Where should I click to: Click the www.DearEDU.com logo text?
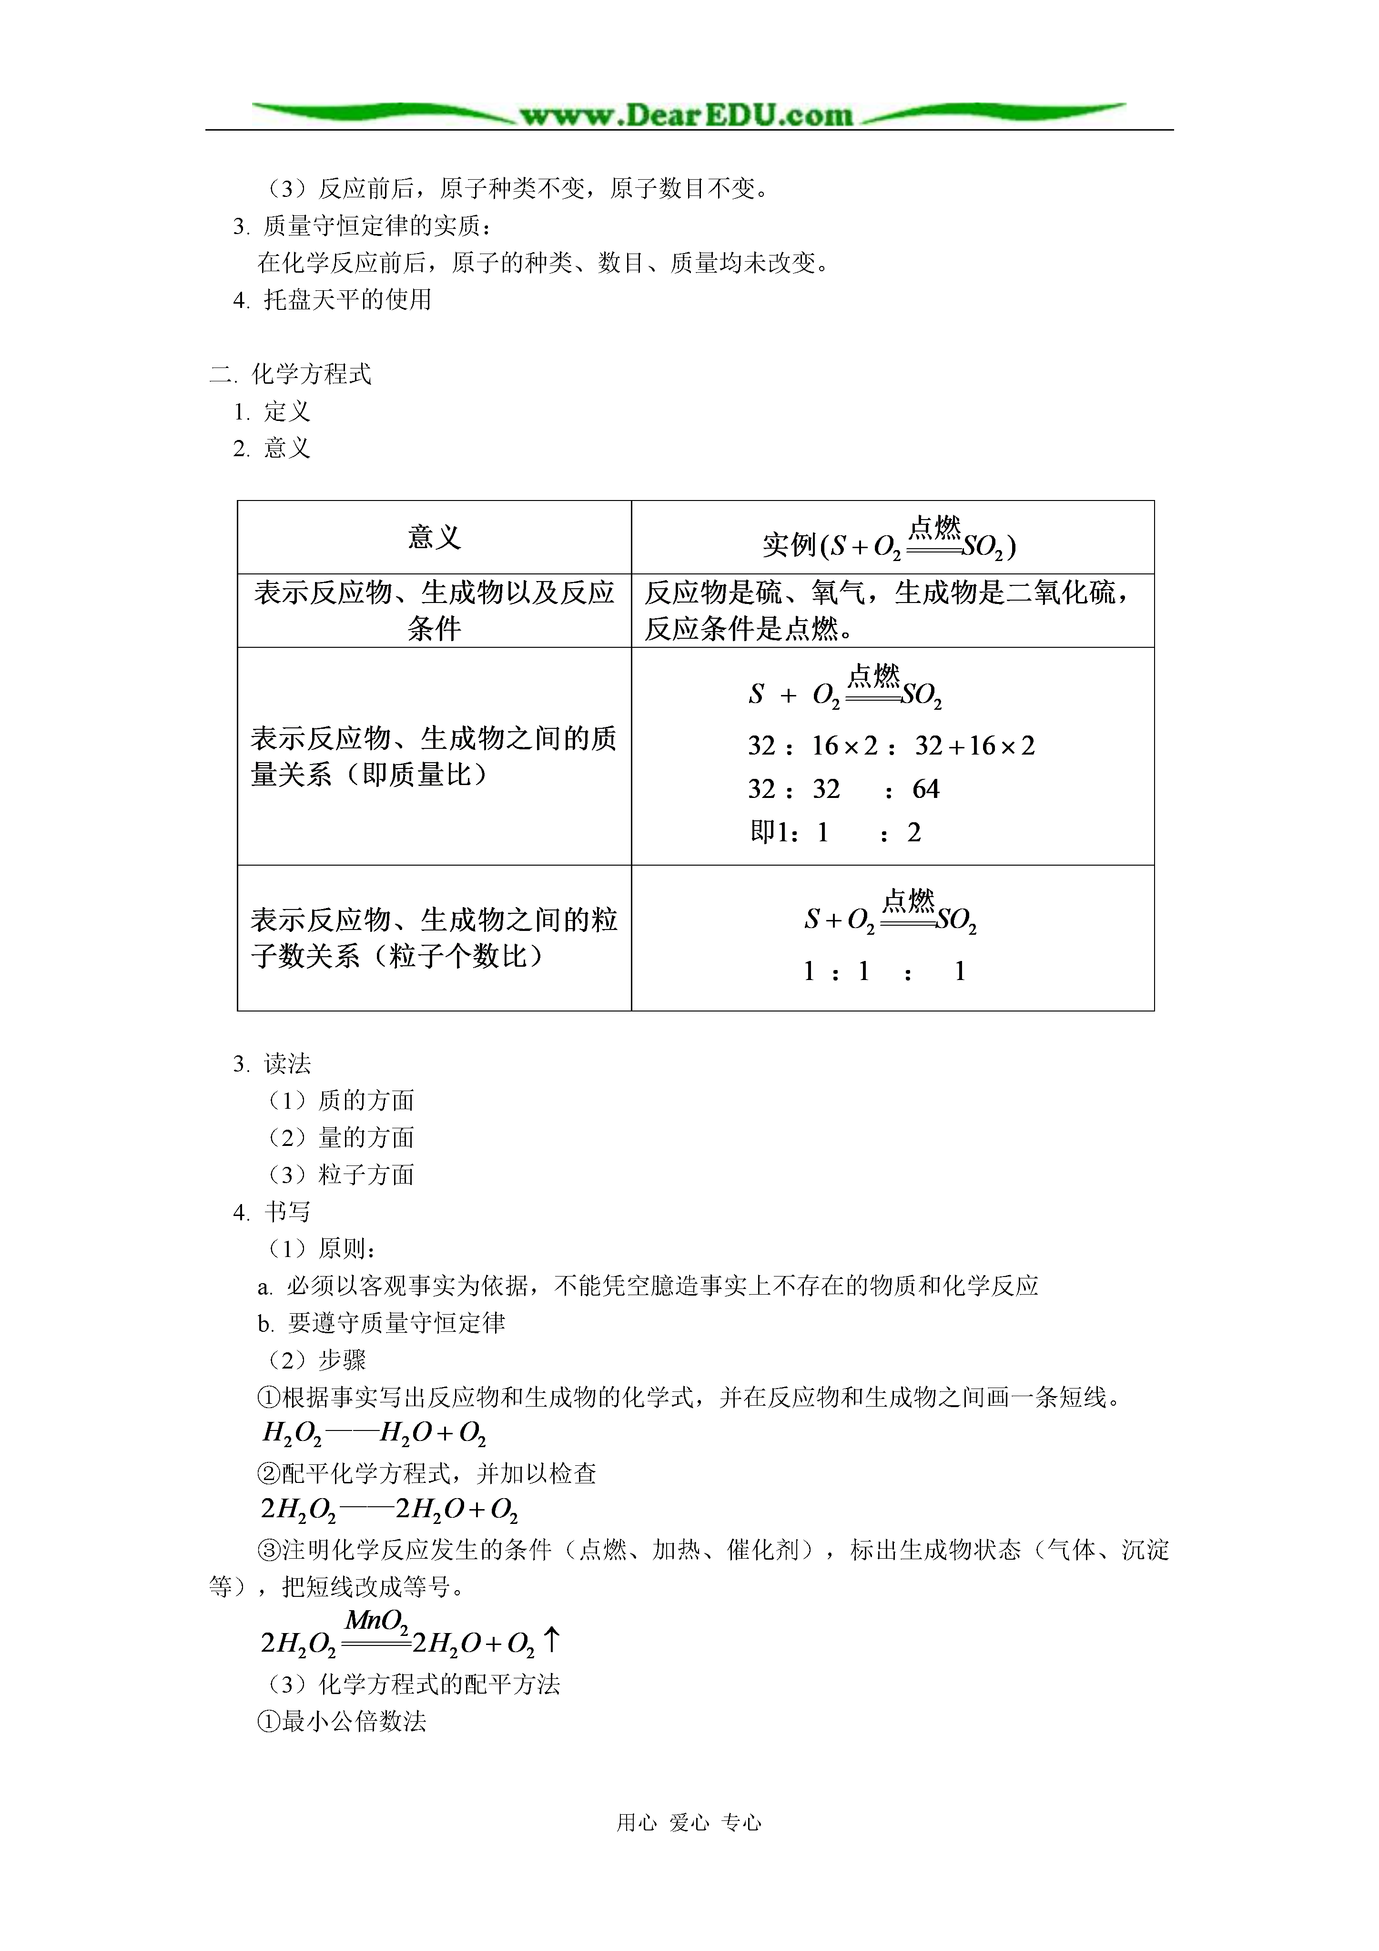(687, 115)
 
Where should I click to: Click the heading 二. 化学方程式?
(291, 374)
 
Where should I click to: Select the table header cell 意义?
(434, 537)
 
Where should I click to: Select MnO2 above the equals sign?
(376, 1621)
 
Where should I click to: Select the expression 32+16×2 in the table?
(974, 746)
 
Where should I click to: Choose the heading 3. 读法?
(272, 1063)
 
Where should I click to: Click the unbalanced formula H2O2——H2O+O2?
(374, 1433)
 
